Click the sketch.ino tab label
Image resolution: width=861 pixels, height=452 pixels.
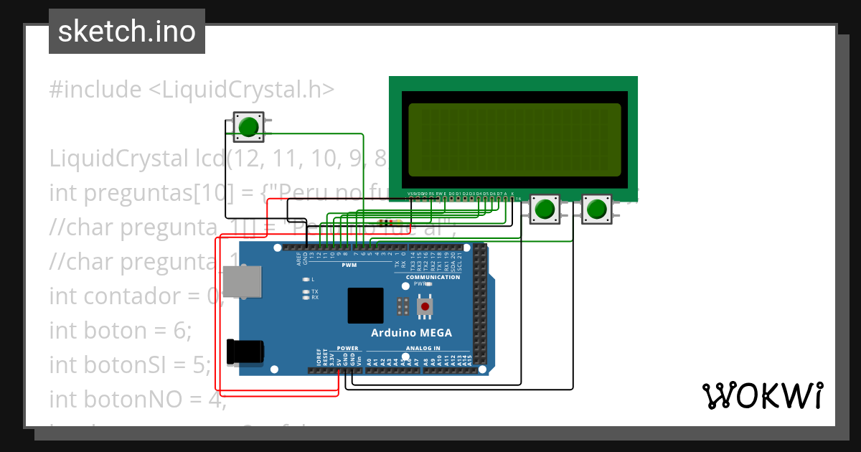coord(127,32)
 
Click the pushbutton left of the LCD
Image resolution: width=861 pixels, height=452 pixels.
coord(248,127)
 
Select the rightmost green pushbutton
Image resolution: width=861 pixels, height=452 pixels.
coord(596,209)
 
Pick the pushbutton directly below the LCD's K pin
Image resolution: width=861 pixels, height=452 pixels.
coord(545,209)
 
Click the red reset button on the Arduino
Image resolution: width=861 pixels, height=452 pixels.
coord(426,307)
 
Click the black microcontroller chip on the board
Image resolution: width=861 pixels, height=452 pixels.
coord(366,306)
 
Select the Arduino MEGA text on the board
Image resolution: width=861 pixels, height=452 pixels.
coord(411,332)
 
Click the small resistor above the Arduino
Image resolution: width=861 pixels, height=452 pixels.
coord(387,222)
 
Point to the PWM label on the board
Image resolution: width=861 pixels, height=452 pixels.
coord(349,265)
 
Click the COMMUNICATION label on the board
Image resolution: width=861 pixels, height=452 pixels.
coord(433,277)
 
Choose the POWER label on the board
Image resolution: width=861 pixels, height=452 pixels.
coord(347,348)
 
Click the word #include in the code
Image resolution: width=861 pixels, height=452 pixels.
coord(95,90)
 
